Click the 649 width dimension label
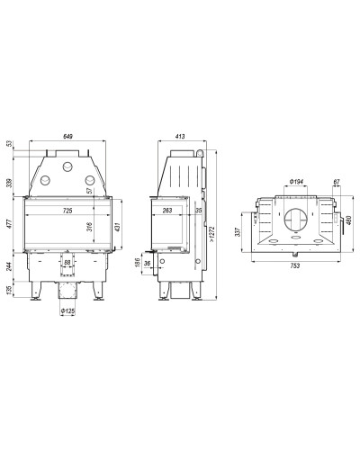[x=67, y=136]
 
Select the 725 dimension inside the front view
[x=67, y=211]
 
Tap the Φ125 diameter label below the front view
[x=67, y=311]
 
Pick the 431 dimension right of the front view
[x=117, y=227]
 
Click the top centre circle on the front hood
[x=67, y=166]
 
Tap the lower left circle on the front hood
[x=45, y=180]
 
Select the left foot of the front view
[x=35, y=291]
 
